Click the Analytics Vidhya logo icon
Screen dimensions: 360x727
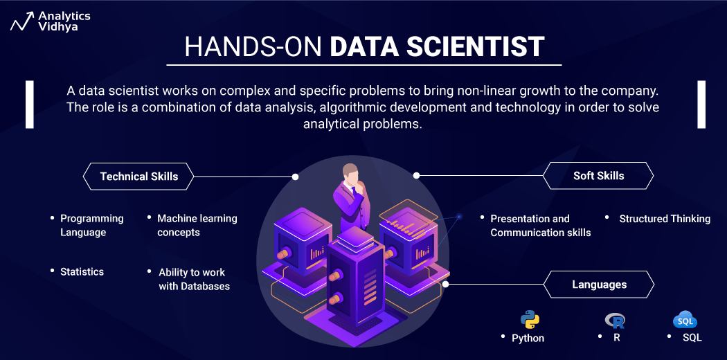click(21, 21)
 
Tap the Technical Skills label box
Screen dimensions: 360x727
click(138, 177)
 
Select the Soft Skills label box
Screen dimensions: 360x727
click(598, 176)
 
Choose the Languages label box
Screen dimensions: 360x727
click(599, 285)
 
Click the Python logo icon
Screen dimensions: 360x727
click(530, 319)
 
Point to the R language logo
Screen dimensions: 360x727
click(615, 320)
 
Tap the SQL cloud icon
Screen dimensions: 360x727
click(685, 321)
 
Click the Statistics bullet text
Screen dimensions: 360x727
click(82, 272)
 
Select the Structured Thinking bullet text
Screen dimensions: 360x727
click(665, 219)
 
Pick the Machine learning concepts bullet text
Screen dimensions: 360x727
click(197, 225)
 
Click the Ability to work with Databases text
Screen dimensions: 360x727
click(194, 279)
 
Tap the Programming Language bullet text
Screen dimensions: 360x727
click(91, 225)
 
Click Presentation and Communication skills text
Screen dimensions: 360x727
click(540, 226)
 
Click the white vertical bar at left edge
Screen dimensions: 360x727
click(30, 105)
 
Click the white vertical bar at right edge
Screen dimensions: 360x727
click(701, 105)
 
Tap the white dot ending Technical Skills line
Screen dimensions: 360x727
click(296, 177)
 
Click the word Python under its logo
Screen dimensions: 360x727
click(528, 338)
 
